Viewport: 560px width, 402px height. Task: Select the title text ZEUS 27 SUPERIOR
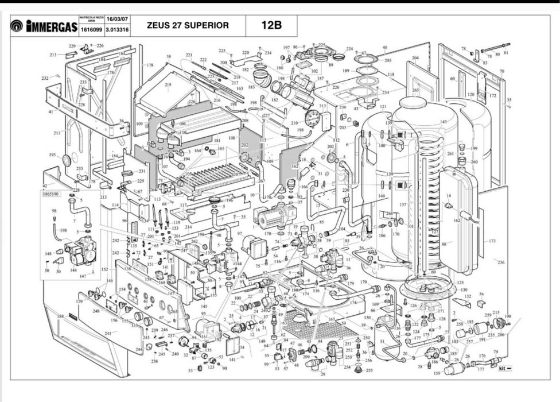click(x=188, y=26)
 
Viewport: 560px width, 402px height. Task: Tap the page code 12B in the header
click(x=270, y=26)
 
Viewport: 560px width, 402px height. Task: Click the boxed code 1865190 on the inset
click(x=50, y=194)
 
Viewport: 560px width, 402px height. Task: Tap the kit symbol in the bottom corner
click(x=504, y=368)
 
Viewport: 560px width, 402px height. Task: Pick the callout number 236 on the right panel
click(x=501, y=262)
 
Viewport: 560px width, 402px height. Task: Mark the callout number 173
click(x=492, y=241)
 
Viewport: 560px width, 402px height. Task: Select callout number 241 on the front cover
click(x=107, y=333)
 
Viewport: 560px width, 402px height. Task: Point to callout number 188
click(x=60, y=316)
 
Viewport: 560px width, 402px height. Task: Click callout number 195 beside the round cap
click(x=52, y=155)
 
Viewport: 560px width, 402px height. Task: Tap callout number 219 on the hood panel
click(x=168, y=86)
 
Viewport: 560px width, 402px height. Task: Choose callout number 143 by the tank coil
click(x=443, y=122)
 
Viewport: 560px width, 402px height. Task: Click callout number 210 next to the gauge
click(x=294, y=123)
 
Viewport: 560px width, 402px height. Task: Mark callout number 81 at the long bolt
click(x=505, y=53)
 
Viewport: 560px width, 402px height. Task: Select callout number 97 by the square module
click(x=239, y=234)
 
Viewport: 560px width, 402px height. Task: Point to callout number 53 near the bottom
click(x=190, y=370)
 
